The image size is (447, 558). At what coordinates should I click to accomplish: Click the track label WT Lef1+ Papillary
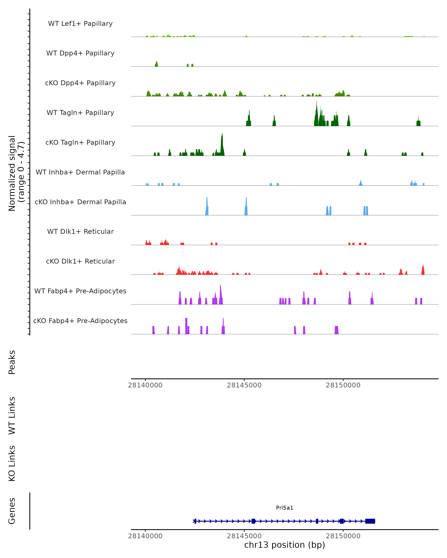tap(80, 24)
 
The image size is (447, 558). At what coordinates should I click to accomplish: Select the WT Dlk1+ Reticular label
tap(80, 231)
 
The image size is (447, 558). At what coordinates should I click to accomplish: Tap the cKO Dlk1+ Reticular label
tap(80, 261)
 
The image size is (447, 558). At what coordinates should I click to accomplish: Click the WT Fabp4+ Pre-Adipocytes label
tap(80, 291)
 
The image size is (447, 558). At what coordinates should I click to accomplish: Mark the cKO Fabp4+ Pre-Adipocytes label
tap(80, 321)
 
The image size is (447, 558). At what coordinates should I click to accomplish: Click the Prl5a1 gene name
tap(285, 508)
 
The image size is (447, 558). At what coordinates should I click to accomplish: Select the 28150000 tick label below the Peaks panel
tap(343, 385)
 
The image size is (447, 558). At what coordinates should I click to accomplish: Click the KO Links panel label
tap(12, 463)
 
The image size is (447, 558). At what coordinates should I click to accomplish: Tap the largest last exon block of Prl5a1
tap(370, 521)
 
